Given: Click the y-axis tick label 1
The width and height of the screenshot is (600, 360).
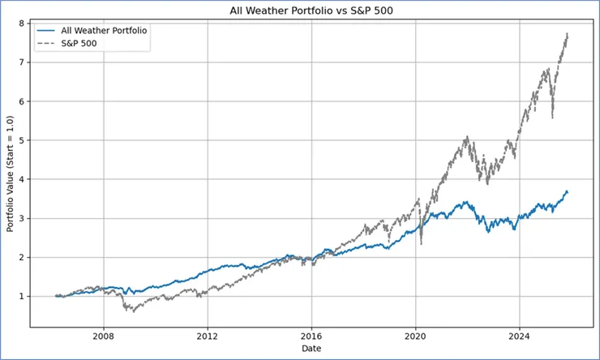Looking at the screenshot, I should (x=22, y=297).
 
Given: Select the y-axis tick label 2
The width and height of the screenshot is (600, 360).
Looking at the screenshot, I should (x=22, y=258).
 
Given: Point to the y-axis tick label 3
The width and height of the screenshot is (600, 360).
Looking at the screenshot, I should (x=22, y=218).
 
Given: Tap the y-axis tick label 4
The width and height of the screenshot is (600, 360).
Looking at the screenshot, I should (x=22, y=179).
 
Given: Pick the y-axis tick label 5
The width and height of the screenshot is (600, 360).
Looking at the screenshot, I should (x=22, y=140).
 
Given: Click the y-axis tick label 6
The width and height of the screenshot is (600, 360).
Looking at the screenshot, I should (x=22, y=101).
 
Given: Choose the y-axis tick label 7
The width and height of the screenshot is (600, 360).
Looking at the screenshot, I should (x=22, y=62).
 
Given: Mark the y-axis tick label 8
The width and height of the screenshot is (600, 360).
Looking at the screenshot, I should (x=22, y=24).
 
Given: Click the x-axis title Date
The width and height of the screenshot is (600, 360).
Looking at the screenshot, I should (x=311, y=348).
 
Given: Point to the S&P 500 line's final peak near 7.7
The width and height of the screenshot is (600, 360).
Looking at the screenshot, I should (x=567, y=34).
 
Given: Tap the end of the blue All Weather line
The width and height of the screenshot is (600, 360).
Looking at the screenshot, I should (x=568, y=192).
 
